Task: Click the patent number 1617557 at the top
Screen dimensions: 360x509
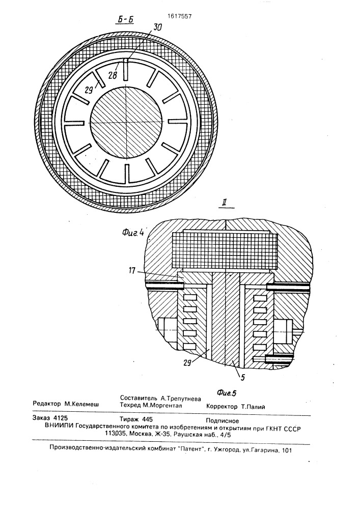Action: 179,16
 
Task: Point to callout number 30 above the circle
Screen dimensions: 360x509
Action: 157,27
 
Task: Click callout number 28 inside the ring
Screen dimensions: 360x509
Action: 113,75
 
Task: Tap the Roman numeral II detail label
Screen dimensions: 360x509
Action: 223,204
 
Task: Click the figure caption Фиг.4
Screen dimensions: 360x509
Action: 133,232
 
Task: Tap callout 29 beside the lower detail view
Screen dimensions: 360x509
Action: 188,362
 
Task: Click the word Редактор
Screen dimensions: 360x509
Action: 47,404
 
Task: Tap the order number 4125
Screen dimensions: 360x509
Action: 61,418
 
